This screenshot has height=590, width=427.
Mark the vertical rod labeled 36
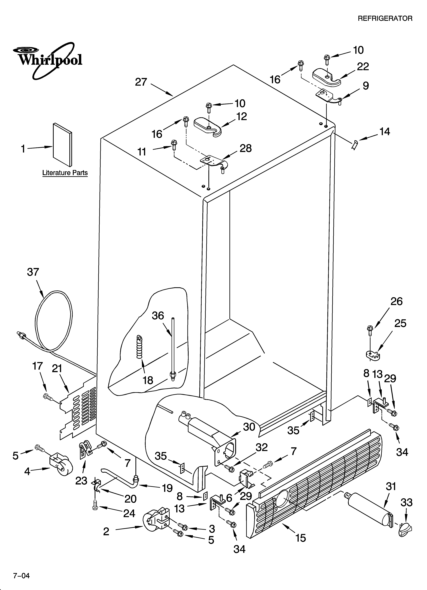[x=172, y=349]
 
